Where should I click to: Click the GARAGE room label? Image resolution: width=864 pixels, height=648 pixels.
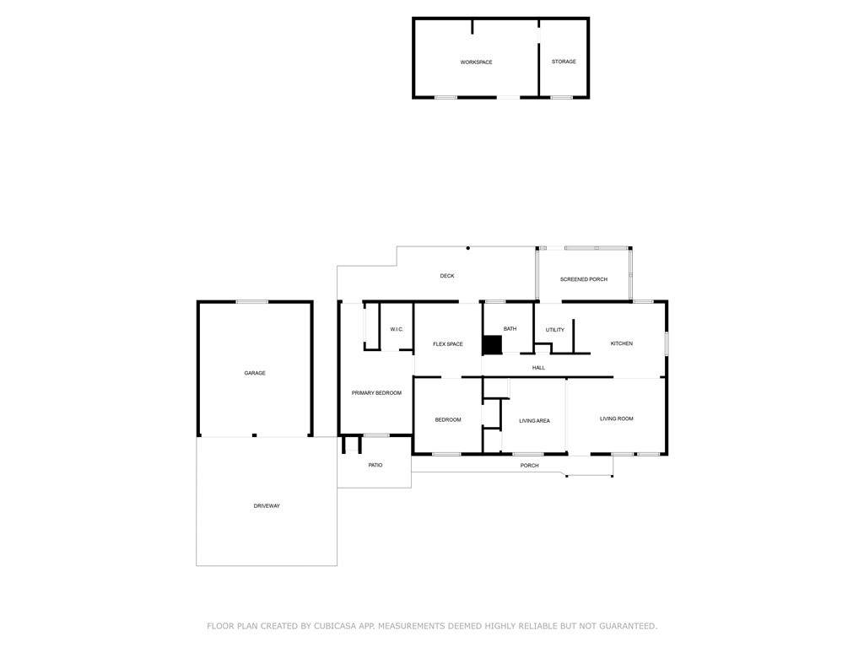point(255,373)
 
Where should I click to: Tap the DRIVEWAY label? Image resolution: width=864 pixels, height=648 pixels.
point(267,506)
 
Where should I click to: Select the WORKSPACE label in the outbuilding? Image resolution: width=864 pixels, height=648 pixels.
point(476,62)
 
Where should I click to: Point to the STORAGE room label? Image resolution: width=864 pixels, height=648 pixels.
point(564,62)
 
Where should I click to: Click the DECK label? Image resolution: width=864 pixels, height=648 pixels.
point(447,276)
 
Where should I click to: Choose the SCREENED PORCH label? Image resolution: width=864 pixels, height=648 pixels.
point(584,279)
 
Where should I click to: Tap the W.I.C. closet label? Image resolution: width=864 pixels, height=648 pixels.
point(397,330)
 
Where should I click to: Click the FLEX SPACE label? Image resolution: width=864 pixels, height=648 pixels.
point(447,344)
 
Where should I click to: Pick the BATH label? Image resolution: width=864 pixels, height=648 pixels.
point(510,329)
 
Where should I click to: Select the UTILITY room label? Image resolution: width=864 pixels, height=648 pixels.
point(555,330)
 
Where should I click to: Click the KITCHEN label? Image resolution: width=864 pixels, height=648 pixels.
point(622,343)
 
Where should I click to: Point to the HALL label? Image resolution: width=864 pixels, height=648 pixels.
point(538,368)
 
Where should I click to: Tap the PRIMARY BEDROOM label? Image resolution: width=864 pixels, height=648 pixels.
point(376,393)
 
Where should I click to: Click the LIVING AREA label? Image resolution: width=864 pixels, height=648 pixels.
point(534,421)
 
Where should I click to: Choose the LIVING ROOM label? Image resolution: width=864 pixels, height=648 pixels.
point(616,418)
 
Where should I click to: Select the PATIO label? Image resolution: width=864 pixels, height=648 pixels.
point(375,465)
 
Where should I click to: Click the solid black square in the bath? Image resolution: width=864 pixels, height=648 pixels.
point(492,345)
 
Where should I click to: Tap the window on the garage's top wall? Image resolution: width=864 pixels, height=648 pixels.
point(251,301)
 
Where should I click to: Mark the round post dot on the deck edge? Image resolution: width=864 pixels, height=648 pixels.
point(467,248)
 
